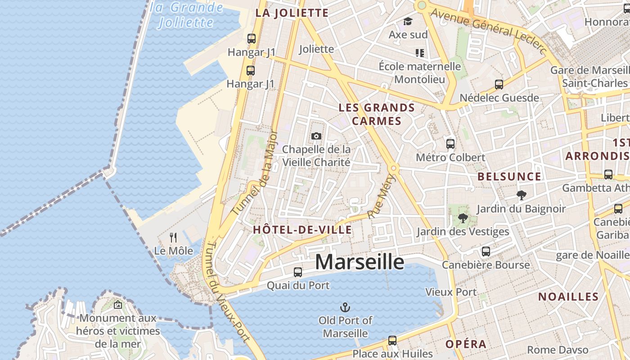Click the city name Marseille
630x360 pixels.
[x=360, y=261]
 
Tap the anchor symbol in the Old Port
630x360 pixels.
[x=345, y=308]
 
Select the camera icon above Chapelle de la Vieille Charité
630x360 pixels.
[x=316, y=136]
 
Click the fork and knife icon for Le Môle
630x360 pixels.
[x=173, y=237]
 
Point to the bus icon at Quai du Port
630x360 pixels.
[x=298, y=272]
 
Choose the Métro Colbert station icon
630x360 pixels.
[x=450, y=144]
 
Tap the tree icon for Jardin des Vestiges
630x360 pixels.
[x=463, y=219]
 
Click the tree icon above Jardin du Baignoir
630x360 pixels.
[x=522, y=195]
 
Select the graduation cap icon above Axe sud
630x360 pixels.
[x=408, y=21]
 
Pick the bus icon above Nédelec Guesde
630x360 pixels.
[x=499, y=84]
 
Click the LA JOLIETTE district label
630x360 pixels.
[x=292, y=13]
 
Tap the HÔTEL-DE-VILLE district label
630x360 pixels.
[x=302, y=229]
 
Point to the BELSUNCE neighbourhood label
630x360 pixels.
[x=509, y=176]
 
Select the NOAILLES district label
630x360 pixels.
[x=568, y=297]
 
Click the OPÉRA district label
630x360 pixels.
[x=466, y=344]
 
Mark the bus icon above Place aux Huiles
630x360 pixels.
[x=392, y=340]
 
